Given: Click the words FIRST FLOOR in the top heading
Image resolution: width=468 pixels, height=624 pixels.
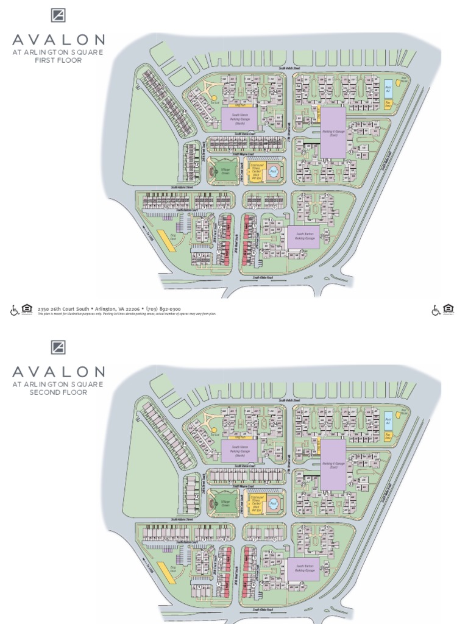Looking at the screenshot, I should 58,60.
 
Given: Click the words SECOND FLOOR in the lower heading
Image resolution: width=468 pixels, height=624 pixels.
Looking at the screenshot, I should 58,392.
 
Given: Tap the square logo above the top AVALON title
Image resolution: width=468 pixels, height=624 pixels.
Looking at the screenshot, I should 58,16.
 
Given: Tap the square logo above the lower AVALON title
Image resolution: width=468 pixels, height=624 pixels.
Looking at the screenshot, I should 58,347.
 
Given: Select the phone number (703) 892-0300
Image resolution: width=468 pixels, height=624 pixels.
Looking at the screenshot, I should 164,309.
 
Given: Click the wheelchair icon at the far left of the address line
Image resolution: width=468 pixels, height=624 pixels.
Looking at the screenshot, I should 14,310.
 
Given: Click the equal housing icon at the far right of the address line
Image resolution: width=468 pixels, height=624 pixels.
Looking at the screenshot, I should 448,310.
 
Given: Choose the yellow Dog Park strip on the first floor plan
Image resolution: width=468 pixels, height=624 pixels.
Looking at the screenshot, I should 165,239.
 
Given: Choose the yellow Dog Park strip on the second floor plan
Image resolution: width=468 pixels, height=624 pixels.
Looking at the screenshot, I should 165,571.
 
